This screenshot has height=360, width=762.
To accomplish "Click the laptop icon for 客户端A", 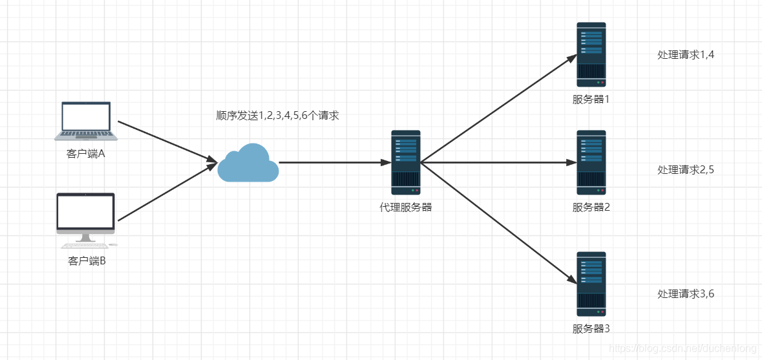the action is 86,121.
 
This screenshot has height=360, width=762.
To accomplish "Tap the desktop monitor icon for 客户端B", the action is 86,219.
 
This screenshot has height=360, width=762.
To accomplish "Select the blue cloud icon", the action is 248,163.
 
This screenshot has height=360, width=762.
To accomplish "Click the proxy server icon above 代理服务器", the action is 406,164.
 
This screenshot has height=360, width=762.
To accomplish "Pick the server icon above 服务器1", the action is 591,55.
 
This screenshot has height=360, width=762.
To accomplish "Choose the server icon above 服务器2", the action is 591,164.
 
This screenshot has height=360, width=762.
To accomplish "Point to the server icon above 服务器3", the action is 591,284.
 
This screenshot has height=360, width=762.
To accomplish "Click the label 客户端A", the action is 86,154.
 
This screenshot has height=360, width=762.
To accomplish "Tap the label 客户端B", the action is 87,261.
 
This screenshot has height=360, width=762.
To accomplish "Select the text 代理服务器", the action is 406,207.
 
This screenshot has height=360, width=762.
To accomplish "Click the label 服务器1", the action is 591,100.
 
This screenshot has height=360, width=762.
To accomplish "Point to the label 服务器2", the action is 591,207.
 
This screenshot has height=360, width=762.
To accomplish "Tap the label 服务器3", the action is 591,328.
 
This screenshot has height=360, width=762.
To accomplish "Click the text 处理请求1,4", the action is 686,55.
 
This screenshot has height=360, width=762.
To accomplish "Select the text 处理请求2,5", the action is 686,169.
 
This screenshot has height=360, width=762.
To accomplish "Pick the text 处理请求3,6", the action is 686,293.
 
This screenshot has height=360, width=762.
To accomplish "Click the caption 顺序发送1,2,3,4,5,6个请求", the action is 277,116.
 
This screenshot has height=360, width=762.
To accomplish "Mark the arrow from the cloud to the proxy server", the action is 335,163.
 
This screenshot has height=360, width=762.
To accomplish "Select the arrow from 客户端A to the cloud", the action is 167,142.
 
